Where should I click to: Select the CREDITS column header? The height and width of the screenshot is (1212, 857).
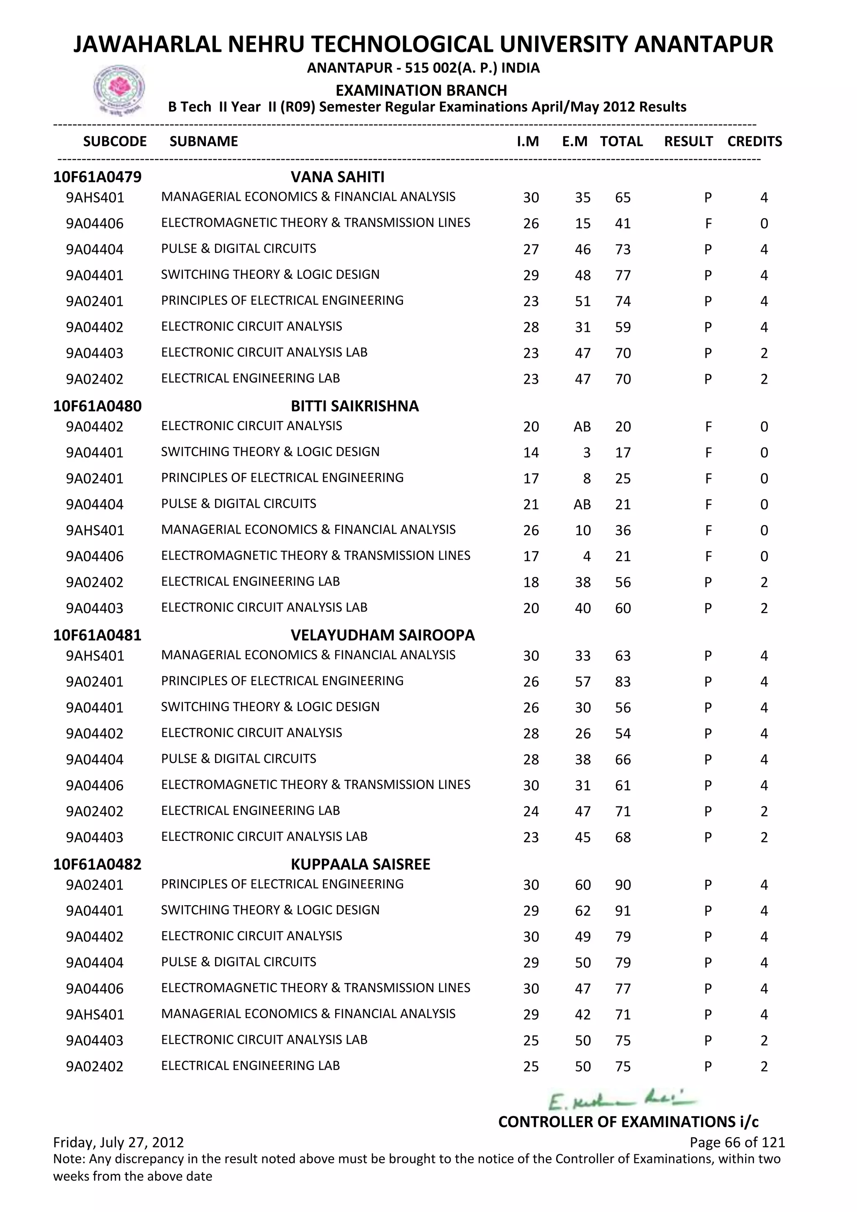click(x=754, y=141)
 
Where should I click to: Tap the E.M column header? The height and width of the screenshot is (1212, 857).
click(x=574, y=141)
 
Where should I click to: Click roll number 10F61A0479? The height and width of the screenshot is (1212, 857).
click(x=97, y=177)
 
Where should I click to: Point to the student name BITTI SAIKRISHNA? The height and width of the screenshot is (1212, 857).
click(x=354, y=406)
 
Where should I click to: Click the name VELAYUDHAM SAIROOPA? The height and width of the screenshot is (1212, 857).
click(x=382, y=635)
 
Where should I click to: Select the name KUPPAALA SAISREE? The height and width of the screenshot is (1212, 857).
click(x=360, y=864)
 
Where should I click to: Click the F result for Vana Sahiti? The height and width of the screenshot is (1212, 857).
click(x=708, y=224)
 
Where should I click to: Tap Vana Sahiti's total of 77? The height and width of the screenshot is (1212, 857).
click(x=623, y=275)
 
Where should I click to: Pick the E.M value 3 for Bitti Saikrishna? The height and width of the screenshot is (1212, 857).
click(x=586, y=453)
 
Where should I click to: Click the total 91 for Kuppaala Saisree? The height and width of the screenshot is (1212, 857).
click(x=623, y=911)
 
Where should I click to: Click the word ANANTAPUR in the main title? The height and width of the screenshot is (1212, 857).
click(x=703, y=44)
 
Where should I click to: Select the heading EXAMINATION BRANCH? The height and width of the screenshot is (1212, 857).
click(x=421, y=90)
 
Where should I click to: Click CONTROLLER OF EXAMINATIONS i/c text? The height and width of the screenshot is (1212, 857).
click(x=628, y=1122)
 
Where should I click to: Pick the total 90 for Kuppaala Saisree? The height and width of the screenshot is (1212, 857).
click(x=623, y=885)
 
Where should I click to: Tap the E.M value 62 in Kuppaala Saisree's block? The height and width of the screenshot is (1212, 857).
click(x=582, y=911)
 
